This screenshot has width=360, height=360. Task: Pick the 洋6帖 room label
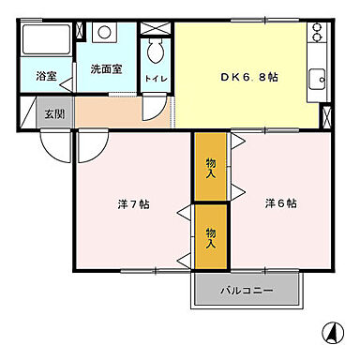279,203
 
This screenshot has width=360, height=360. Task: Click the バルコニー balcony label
247,291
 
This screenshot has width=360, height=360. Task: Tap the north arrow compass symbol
331,333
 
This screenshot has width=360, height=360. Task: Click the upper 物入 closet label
211,166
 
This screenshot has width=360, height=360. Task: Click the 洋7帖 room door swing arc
93,146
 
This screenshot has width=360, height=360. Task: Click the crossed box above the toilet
154,28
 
